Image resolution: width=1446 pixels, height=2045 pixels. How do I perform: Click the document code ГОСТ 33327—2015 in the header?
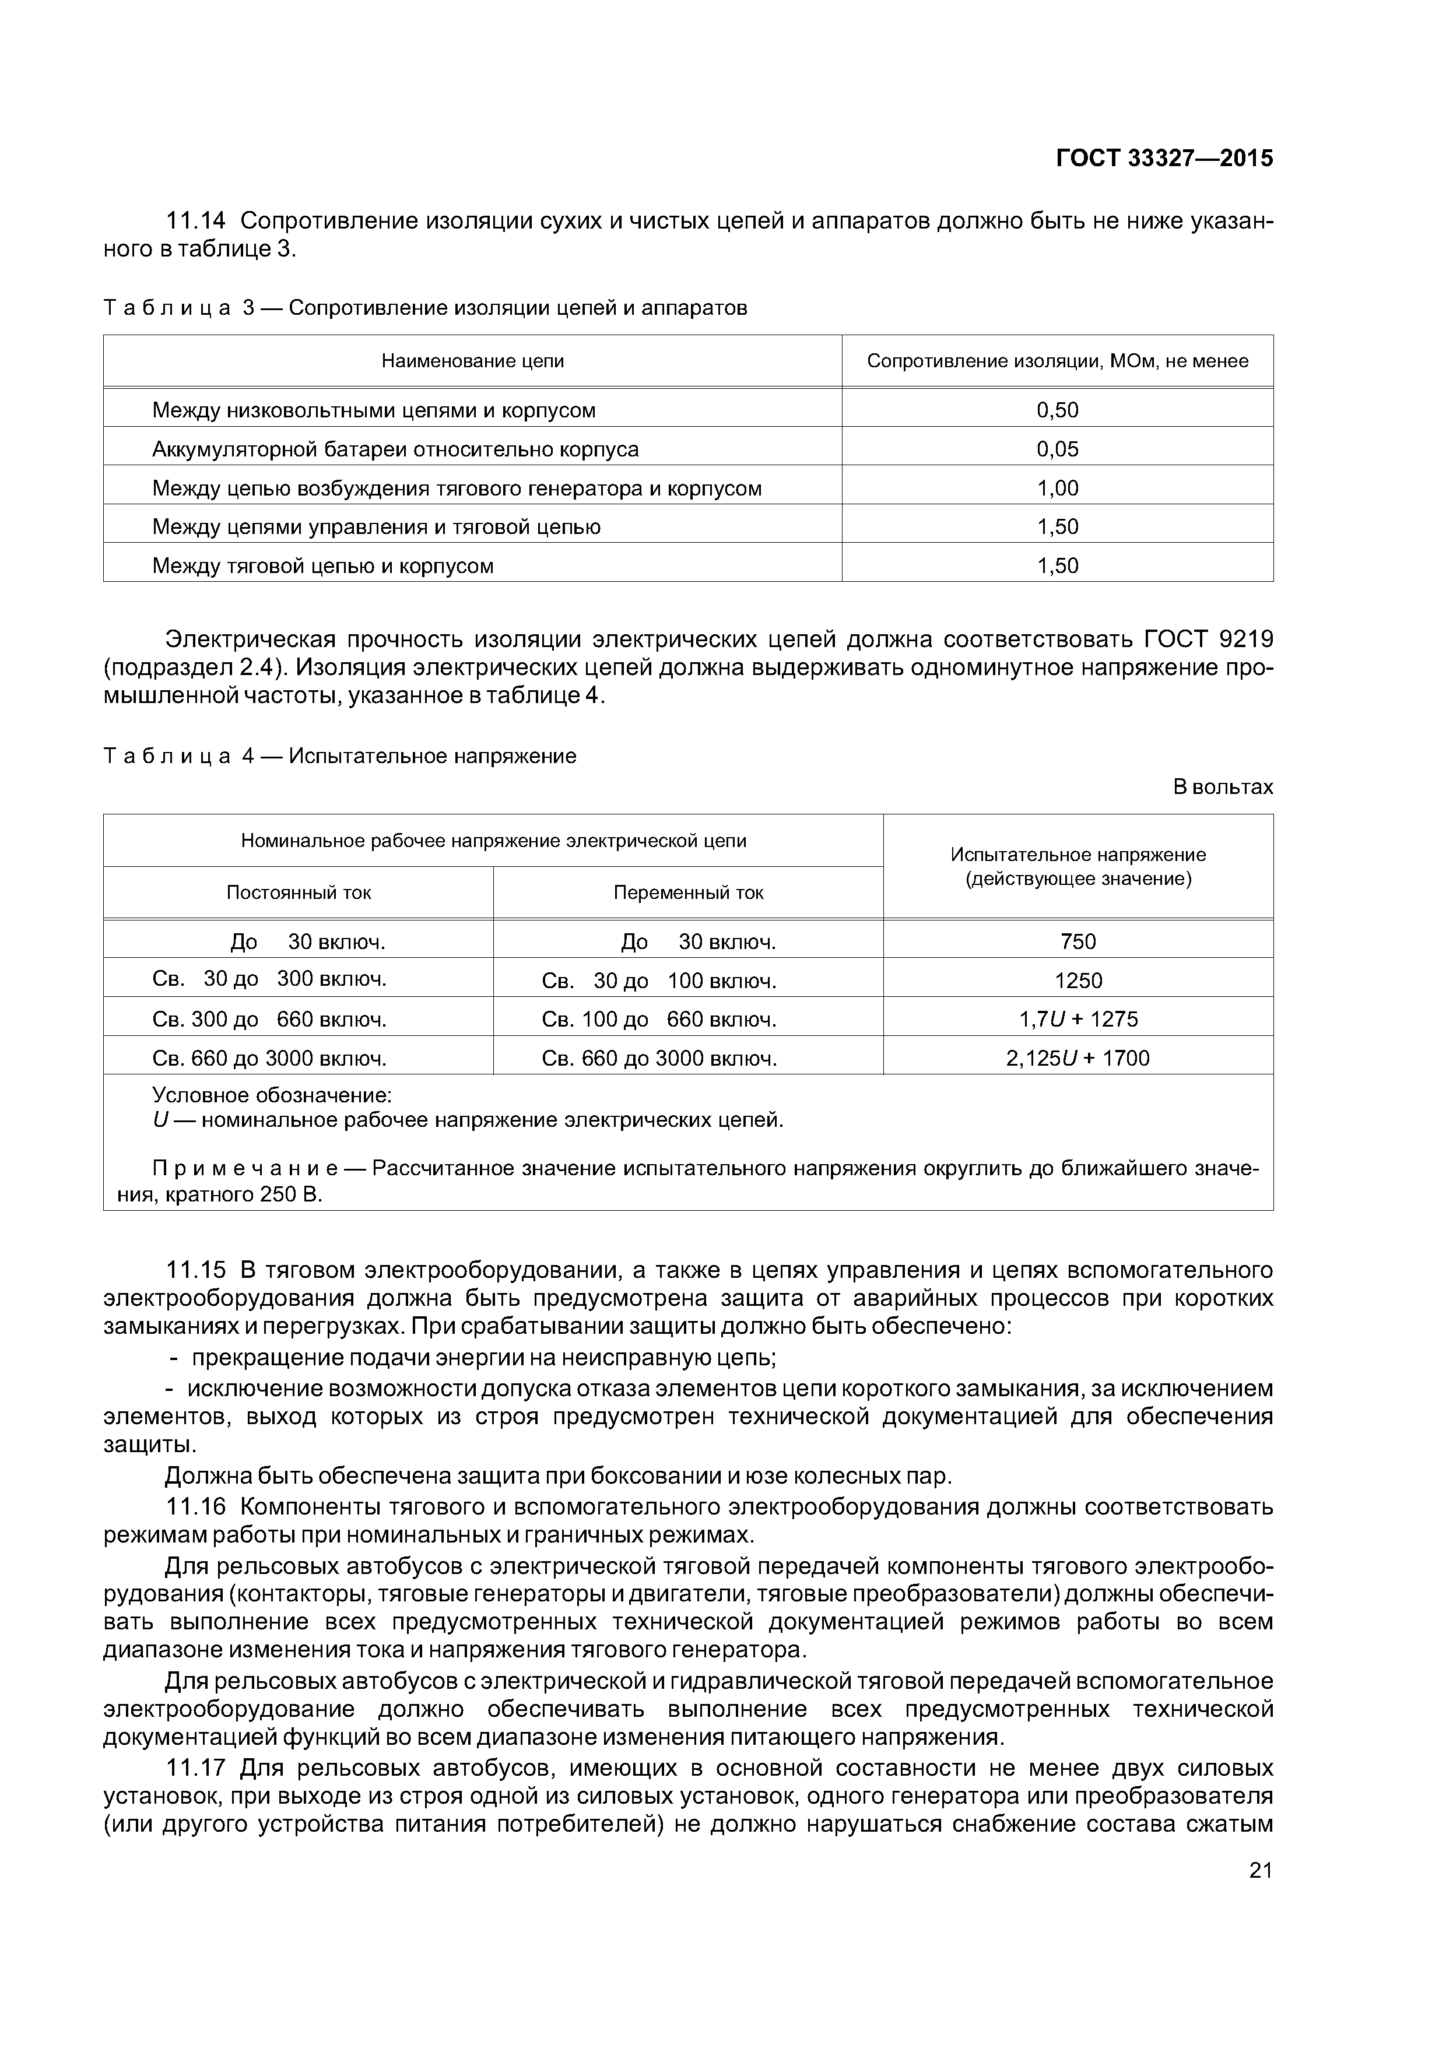point(1164,159)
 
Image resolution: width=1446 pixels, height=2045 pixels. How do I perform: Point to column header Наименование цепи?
point(472,361)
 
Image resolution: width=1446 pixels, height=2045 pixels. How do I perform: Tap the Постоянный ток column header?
point(299,893)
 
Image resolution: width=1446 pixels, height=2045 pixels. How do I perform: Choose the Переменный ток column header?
point(688,893)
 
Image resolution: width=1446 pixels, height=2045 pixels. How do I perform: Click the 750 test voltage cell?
point(1078,941)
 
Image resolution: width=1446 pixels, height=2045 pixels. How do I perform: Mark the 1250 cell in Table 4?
point(1078,981)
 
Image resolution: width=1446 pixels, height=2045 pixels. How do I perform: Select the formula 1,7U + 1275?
point(1078,1019)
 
